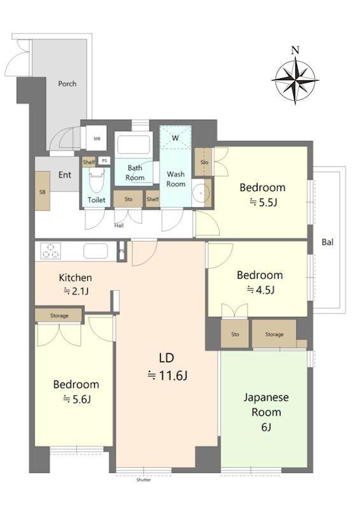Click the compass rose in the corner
click(295, 81)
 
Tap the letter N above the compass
click(295, 50)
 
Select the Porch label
click(67, 84)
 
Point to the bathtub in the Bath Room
click(134, 144)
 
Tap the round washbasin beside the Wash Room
click(201, 193)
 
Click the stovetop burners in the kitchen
click(51, 251)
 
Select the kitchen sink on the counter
click(95, 251)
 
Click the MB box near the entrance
click(97, 139)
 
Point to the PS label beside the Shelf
click(104, 161)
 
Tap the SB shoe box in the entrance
click(43, 192)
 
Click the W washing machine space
click(176, 137)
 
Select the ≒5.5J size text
click(263, 203)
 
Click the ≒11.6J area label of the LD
click(167, 375)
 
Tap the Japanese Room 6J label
click(267, 412)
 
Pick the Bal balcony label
click(328, 242)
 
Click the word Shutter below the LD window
click(144, 480)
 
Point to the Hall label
click(119, 225)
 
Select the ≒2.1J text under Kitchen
click(76, 291)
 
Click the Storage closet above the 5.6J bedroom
click(59, 315)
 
